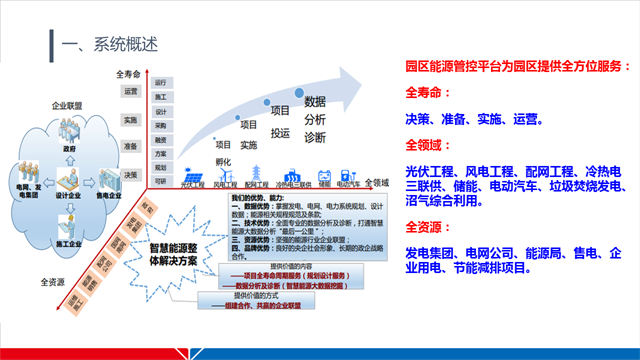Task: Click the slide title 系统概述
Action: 110,44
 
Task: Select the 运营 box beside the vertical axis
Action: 131,92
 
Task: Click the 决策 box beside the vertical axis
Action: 131,173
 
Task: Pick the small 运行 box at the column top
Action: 160,82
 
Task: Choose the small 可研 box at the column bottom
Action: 160,181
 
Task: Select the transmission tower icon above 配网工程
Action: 257,170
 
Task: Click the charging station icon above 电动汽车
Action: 350,173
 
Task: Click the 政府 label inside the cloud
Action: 69,147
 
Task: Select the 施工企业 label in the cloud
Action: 68,217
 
